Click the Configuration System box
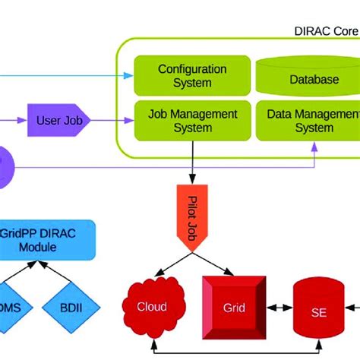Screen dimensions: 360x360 pos(191,75)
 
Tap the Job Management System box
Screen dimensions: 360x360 pos(191,120)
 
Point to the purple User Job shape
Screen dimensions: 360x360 pos(60,120)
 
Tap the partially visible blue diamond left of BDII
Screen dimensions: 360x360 pos(14,311)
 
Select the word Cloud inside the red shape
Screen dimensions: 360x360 pos(152,307)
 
